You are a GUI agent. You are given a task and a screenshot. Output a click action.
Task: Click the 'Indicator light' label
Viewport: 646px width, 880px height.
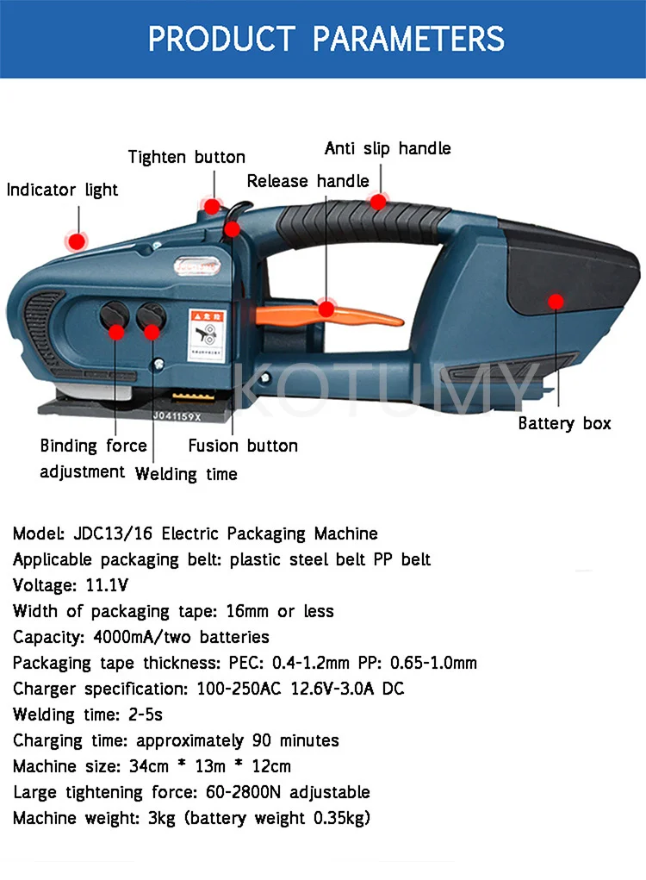(x=62, y=190)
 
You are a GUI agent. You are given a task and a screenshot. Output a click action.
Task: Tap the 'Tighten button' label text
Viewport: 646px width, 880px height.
(x=186, y=157)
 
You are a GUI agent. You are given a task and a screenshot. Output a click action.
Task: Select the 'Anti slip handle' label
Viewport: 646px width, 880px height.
(x=388, y=148)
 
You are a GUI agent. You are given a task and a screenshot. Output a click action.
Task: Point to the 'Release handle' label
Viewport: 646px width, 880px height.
(x=307, y=181)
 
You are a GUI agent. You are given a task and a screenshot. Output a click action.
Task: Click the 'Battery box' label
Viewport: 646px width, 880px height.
(x=564, y=423)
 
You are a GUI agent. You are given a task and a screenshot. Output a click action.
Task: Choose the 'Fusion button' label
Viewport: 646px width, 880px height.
(x=243, y=446)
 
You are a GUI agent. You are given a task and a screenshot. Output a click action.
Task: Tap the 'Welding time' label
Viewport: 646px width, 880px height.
(x=186, y=474)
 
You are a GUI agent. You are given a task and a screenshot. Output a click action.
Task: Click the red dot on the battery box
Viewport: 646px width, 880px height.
(x=556, y=301)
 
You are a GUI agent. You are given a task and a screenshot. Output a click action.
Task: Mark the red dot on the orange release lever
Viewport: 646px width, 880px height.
(x=326, y=309)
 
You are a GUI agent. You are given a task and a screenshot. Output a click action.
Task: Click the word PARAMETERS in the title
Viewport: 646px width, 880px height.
(x=408, y=39)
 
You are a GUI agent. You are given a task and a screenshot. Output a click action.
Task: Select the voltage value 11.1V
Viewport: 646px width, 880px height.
(x=107, y=585)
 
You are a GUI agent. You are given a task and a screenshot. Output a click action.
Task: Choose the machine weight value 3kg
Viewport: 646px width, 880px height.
(x=159, y=818)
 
